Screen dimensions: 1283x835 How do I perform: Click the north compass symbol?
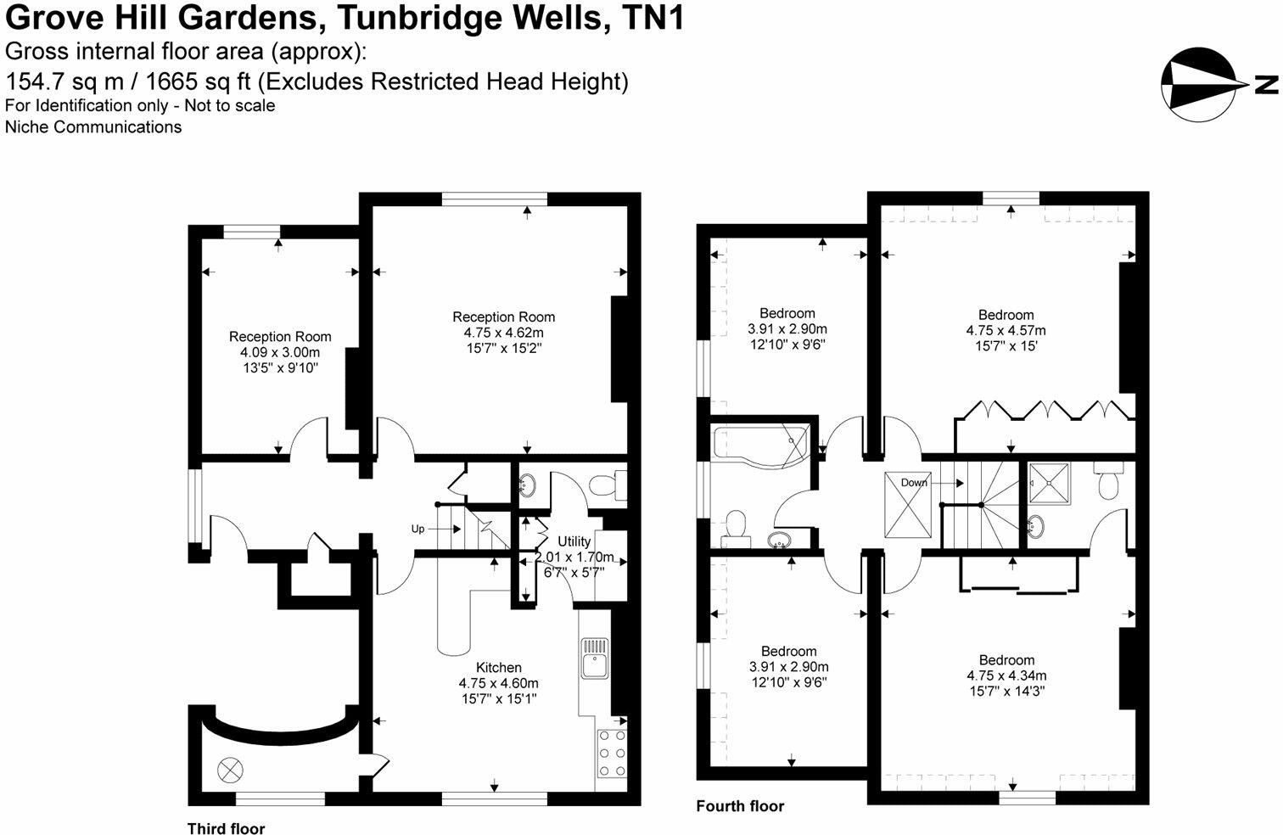[1198, 83]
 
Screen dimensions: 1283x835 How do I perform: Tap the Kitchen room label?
[498, 667]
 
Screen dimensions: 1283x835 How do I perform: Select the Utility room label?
[574, 541]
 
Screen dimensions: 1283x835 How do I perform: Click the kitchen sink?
[594, 658]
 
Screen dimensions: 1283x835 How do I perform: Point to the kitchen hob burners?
[612, 752]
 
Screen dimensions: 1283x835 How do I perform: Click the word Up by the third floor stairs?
[417, 529]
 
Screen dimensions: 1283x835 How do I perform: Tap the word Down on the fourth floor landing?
[914, 482]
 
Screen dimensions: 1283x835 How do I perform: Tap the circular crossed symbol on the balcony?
[230, 771]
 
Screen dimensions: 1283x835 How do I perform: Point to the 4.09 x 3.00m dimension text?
[280, 352]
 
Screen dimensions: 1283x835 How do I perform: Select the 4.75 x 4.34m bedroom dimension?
[1006, 675]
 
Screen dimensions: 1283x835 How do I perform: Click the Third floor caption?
[226, 828]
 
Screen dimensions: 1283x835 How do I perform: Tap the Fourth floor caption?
[740, 806]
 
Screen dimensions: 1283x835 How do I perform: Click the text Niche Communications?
[93, 127]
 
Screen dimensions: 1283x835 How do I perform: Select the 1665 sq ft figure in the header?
[198, 81]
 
